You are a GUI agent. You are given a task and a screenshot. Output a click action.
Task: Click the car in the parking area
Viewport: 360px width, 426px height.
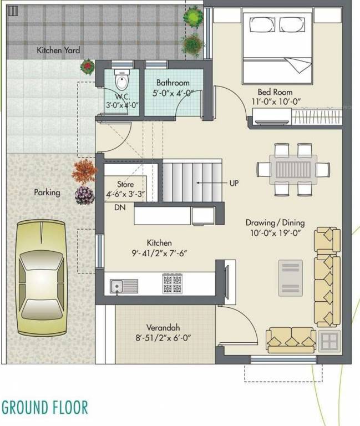pos(41,277)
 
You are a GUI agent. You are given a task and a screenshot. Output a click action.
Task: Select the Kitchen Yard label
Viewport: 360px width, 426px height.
pos(58,50)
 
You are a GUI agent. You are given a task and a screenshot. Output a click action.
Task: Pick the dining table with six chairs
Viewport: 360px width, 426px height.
pos(293,169)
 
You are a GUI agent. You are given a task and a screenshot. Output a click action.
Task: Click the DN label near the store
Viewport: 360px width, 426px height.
pos(119,208)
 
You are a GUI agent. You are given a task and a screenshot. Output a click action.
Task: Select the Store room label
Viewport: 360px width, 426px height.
pos(125,184)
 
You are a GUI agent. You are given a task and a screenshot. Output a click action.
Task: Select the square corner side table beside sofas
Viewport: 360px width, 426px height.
pos(331,339)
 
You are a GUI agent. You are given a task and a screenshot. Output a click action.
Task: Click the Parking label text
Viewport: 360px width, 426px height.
pos(47,193)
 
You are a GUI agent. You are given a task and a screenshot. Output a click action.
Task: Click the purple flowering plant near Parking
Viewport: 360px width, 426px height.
pos(85,195)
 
